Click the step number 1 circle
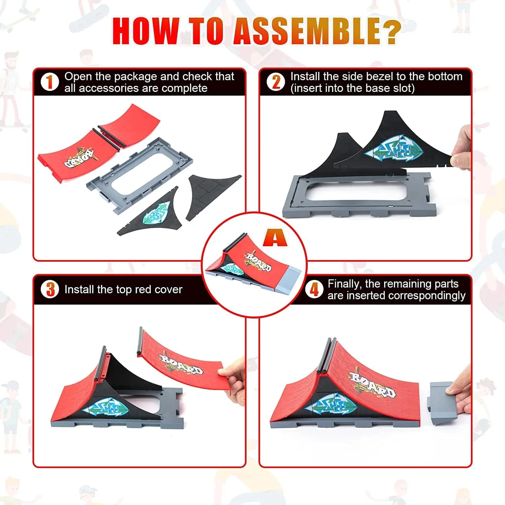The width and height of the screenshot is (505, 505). (49, 82)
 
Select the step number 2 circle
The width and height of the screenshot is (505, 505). (276, 82)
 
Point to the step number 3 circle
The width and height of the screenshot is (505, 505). (50, 289)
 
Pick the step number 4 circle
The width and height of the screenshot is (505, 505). (314, 289)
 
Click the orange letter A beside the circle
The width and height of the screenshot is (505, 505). (275, 238)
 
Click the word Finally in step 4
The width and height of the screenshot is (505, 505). (343, 284)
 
